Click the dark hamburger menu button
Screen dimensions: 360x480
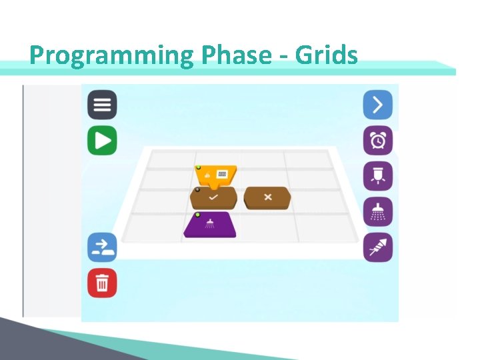click(x=102, y=105)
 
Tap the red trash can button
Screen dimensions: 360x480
click(x=102, y=283)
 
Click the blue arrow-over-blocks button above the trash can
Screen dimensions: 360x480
click(x=102, y=247)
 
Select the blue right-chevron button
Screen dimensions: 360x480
click(x=377, y=105)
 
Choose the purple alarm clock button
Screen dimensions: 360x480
click(x=377, y=141)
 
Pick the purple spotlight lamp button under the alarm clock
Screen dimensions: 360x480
click(x=377, y=177)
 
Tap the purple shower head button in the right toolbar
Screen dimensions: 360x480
click(x=377, y=212)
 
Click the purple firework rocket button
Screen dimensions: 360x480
click(x=377, y=247)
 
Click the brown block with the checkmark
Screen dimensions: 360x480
click(x=213, y=198)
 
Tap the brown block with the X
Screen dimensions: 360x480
click(x=267, y=198)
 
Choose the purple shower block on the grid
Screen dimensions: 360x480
click(x=210, y=225)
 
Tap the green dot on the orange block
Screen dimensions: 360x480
click(x=198, y=167)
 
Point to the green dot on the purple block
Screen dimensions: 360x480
click(x=198, y=215)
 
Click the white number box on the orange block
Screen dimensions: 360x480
click(x=223, y=175)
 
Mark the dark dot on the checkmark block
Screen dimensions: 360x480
click(x=197, y=189)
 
